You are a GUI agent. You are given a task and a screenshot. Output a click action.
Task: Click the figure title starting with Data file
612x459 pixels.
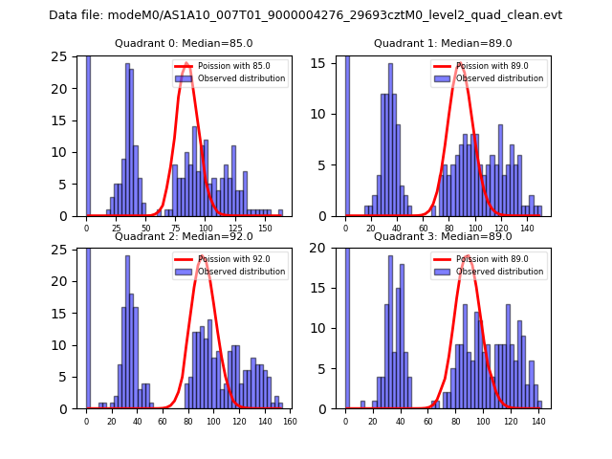(305, 15)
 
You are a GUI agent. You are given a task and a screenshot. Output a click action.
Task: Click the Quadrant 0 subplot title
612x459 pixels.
(184, 43)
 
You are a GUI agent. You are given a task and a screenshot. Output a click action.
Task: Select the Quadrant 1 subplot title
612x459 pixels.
(443, 43)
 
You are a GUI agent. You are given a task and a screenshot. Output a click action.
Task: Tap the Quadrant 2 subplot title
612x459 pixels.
(184, 236)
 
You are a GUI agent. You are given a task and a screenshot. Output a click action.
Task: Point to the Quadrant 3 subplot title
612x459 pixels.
(443, 236)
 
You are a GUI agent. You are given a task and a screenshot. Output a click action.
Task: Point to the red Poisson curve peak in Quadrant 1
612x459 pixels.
(461, 64)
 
